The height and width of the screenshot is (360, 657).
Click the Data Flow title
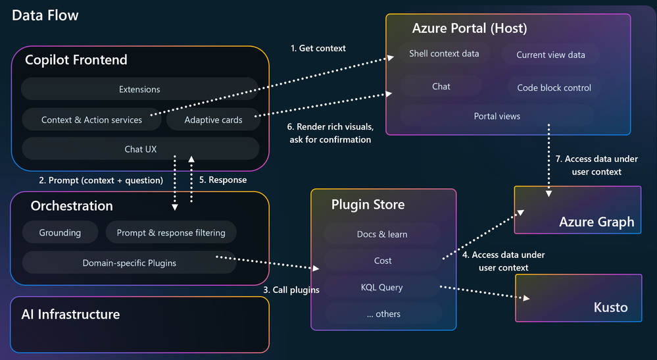click(x=45, y=15)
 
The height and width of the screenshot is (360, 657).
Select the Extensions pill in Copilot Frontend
click(x=139, y=89)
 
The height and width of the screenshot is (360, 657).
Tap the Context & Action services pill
click(x=91, y=120)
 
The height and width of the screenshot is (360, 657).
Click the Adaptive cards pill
click(x=213, y=120)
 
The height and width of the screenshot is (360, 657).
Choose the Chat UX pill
click(x=140, y=149)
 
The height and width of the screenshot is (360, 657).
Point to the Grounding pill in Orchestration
click(x=60, y=232)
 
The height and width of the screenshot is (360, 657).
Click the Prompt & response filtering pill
click(x=171, y=232)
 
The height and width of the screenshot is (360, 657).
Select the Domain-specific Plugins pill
click(x=129, y=263)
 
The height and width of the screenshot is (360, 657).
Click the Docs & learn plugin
click(x=383, y=234)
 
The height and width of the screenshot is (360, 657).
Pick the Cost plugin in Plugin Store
click(x=383, y=261)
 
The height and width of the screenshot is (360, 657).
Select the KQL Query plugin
click(x=383, y=288)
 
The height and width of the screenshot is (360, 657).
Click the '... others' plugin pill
click(x=383, y=314)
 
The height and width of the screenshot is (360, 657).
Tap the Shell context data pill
click(x=444, y=53)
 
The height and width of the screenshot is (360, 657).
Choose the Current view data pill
click(x=550, y=55)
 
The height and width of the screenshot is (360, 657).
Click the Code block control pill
click(x=554, y=88)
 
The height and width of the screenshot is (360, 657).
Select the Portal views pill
click(x=497, y=116)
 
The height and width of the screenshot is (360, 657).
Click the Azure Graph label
click(x=596, y=222)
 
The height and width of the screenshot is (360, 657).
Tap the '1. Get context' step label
click(x=318, y=48)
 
